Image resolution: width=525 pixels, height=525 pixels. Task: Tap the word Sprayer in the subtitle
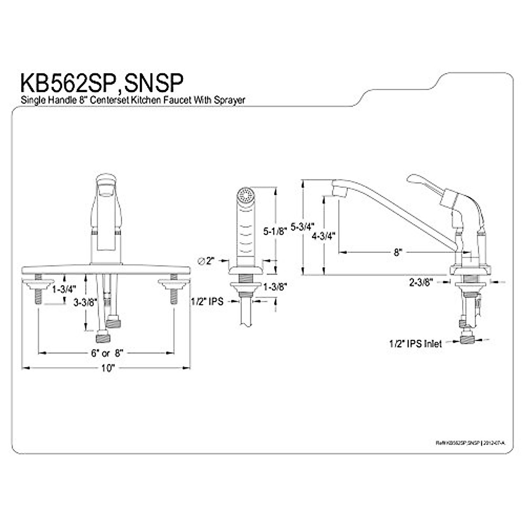click(229, 100)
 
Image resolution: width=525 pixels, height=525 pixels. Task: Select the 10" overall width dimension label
click(107, 368)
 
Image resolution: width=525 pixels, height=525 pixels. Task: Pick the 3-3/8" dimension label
click(85, 302)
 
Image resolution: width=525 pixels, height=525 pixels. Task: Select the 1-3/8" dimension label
click(274, 287)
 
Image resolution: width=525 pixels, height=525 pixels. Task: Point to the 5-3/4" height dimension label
click(302, 227)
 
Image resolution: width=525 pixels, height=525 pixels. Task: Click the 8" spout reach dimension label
click(397, 252)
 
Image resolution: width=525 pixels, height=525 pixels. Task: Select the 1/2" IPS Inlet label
click(415, 344)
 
